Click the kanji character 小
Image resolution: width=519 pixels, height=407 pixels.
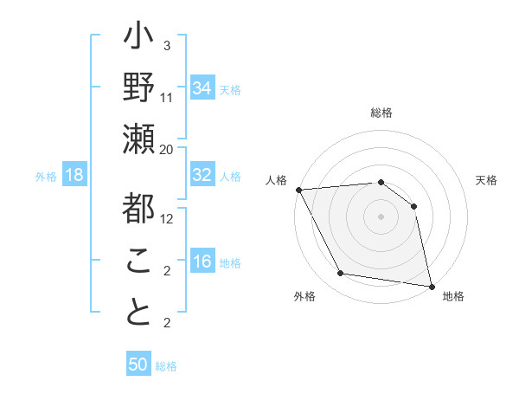tap(139, 39)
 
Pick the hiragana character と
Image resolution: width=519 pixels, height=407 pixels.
tap(139, 313)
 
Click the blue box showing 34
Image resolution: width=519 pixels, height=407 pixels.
tap(202, 87)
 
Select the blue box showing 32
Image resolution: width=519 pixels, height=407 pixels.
tap(202, 175)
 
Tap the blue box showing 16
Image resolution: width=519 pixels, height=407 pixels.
tap(202, 262)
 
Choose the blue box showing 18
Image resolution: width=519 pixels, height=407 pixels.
tap(74, 175)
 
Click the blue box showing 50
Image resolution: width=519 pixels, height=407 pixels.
tap(138, 365)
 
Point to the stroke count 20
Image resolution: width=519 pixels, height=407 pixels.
tap(167, 149)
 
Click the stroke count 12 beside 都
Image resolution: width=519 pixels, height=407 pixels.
tap(168, 218)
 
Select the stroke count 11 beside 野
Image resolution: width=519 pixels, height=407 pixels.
tap(167, 97)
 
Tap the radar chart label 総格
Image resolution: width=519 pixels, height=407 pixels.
tap(381, 113)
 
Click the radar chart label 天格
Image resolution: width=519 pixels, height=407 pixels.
tap(486, 180)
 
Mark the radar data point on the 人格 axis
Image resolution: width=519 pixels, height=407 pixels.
tap(298, 190)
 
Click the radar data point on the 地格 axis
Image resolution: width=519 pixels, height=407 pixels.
tap(431, 285)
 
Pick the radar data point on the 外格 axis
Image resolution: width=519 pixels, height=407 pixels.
tap(341, 274)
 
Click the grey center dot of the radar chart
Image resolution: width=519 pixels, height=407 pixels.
tap(381, 216)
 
